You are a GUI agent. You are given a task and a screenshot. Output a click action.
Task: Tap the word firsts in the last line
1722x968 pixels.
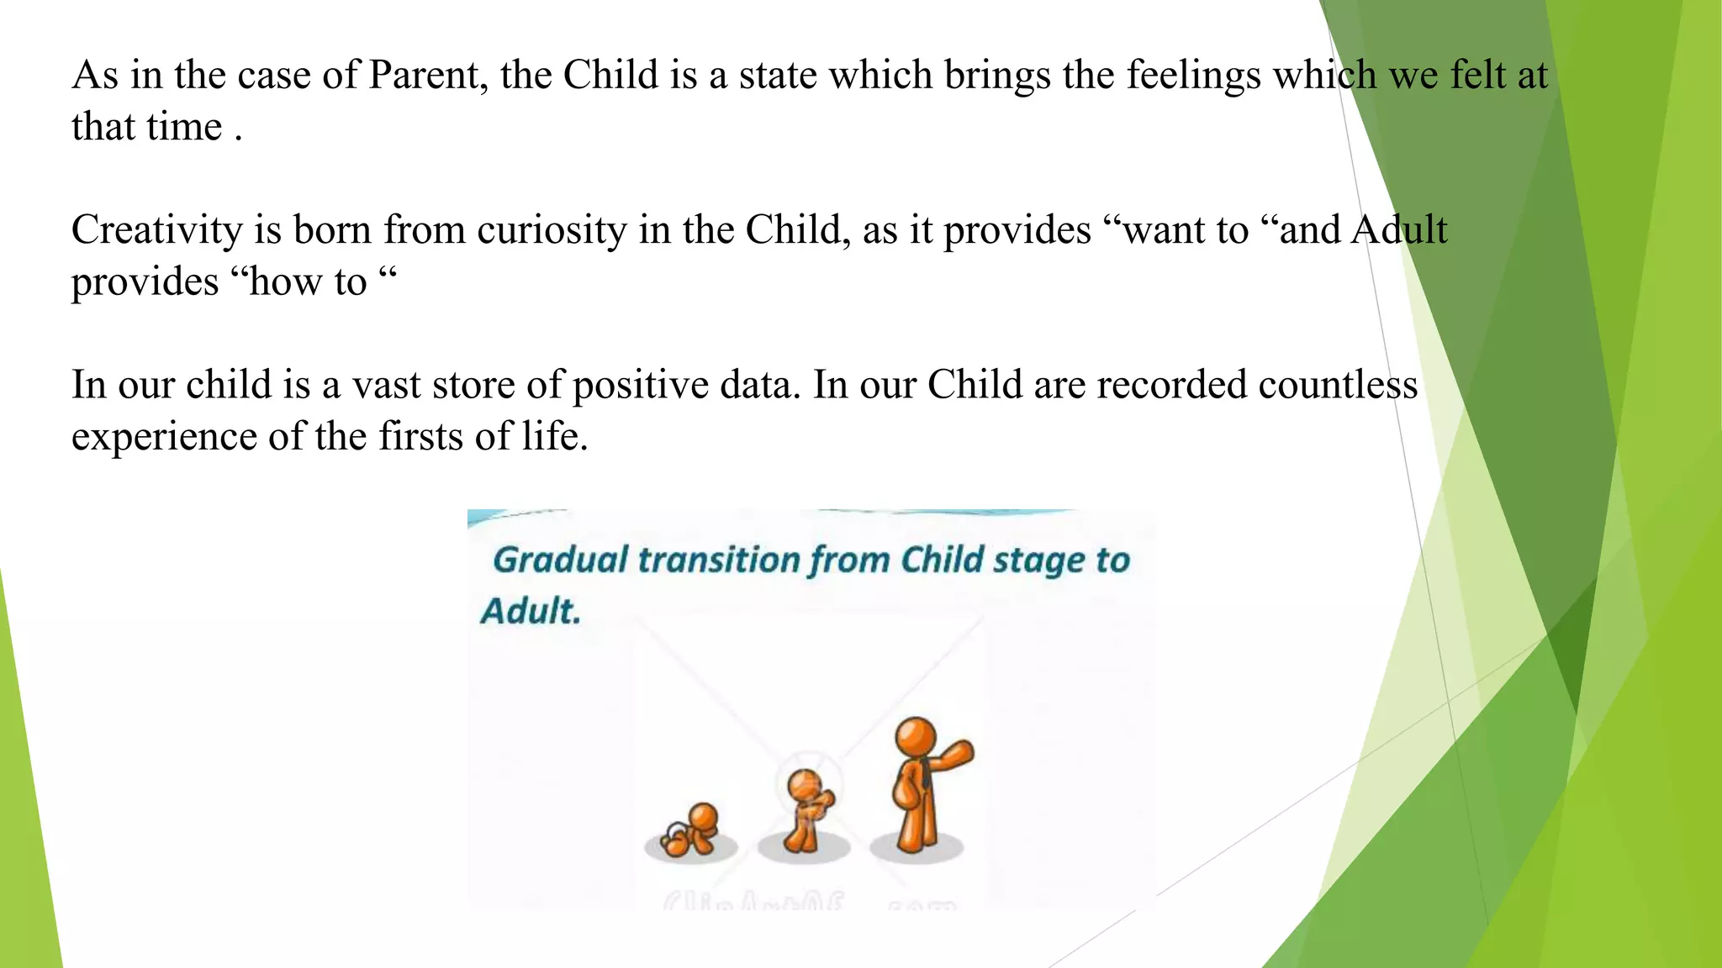pos(421,437)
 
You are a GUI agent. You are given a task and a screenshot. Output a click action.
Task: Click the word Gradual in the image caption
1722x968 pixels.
pos(560,560)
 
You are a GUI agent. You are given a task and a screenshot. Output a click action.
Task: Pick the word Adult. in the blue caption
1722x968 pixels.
pos(531,611)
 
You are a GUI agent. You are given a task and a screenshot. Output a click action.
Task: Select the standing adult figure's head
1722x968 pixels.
pos(916,736)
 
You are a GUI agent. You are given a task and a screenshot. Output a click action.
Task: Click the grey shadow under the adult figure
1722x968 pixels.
pos(916,850)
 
